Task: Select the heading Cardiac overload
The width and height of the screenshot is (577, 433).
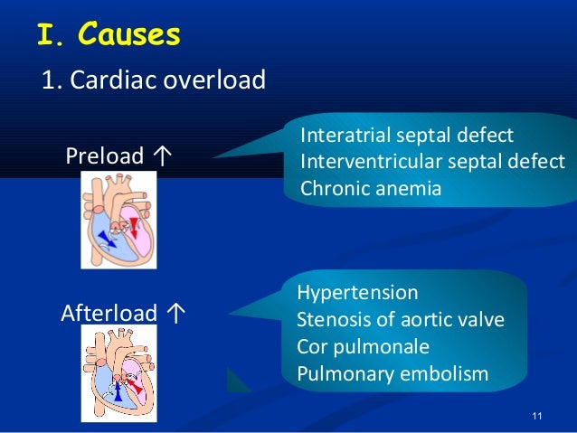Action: [x=154, y=80]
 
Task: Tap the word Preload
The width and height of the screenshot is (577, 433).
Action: [x=104, y=157]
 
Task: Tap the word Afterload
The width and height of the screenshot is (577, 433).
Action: [x=109, y=314]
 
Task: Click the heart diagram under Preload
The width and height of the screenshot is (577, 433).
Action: [x=118, y=220]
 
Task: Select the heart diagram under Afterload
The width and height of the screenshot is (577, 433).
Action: [x=118, y=372]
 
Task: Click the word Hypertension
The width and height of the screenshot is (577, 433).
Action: [x=357, y=293]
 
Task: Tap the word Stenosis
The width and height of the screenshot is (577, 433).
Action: [x=328, y=320]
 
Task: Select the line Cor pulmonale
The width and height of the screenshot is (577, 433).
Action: [x=363, y=346]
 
